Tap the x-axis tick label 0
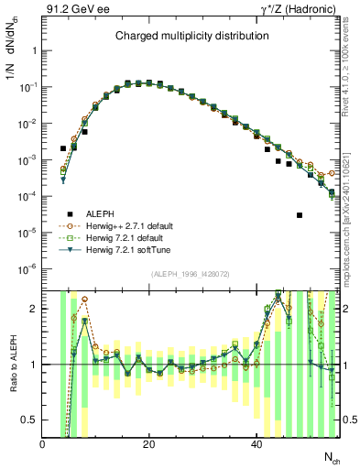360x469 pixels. point(42,444)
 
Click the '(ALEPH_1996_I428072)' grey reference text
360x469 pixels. point(191,274)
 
